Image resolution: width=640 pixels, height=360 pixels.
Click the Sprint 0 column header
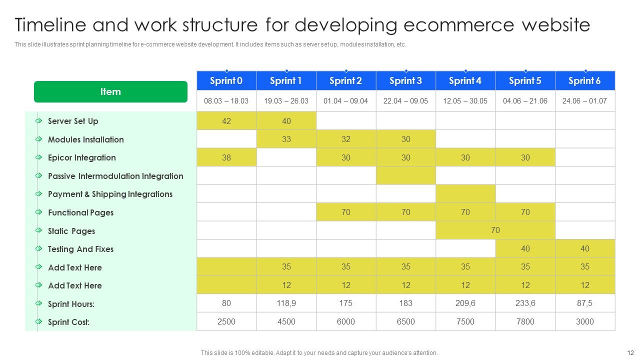tap(226, 81)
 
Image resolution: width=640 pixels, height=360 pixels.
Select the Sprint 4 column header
tap(465, 81)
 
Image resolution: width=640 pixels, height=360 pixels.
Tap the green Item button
tap(110, 92)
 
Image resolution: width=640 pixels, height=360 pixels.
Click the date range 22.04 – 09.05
tap(405, 101)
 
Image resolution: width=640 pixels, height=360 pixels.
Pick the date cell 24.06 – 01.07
tap(584, 101)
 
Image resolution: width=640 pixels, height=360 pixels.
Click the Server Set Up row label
tap(73, 121)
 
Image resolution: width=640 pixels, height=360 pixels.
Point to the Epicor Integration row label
tap(81, 157)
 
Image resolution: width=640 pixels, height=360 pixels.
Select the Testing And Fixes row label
tap(80, 249)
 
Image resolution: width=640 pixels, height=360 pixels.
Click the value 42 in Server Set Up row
tap(226, 121)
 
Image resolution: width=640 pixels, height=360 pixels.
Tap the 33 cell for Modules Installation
tap(286, 139)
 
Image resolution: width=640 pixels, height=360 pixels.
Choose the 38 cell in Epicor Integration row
tap(226, 157)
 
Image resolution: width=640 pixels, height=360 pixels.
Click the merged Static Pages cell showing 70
tap(495, 230)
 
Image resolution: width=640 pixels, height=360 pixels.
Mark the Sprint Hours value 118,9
tap(286, 303)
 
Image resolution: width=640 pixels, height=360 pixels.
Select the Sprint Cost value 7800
tap(525, 321)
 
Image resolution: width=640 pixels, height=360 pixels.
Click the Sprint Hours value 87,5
tap(584, 303)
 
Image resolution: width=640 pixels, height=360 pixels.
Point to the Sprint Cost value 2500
tap(226, 321)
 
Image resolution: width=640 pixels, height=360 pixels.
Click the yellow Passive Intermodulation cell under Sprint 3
tap(405, 175)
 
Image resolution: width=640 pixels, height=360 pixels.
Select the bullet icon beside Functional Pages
tap(38, 212)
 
